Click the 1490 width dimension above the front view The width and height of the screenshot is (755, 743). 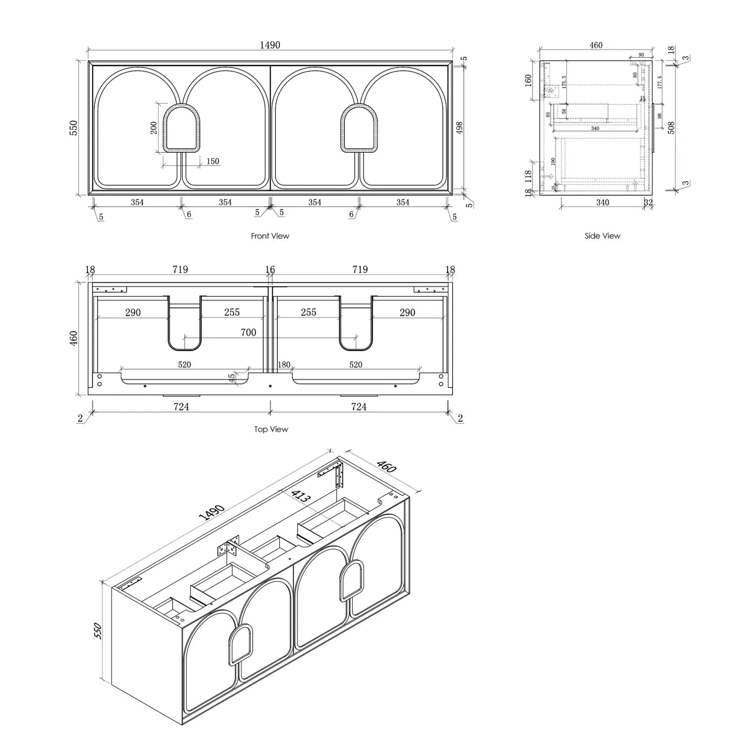[x=270, y=45]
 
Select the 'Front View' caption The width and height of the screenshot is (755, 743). [x=270, y=236]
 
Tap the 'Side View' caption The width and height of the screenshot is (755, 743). [x=602, y=236]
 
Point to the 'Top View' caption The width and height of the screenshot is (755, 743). [x=271, y=429]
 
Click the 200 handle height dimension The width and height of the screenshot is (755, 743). [x=154, y=128]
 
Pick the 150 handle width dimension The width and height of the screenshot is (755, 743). [x=212, y=161]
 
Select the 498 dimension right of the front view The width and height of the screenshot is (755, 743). [x=459, y=128]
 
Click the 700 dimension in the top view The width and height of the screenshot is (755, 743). [x=248, y=333]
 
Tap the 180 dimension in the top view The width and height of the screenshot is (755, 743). [x=284, y=365]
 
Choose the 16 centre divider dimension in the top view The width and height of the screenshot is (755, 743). [x=270, y=270]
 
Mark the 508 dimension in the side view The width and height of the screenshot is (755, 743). [x=671, y=128]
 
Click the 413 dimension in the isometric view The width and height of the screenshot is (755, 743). [x=300, y=497]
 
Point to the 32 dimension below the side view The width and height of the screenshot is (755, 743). [x=648, y=203]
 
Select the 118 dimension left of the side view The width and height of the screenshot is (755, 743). [x=528, y=175]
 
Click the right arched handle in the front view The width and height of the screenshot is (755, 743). [x=358, y=128]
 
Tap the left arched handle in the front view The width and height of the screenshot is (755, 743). [x=180, y=128]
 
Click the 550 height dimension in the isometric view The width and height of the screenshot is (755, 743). [x=97, y=631]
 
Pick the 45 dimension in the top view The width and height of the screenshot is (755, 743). [x=232, y=378]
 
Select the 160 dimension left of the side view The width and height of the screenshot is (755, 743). [x=528, y=80]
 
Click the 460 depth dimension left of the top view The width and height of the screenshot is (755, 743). [x=74, y=338]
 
